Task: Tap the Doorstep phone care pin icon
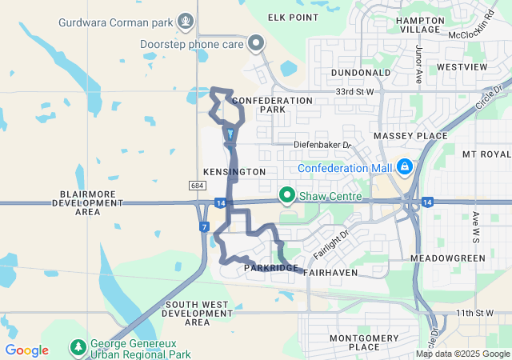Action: (256, 43)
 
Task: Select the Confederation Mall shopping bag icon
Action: (405, 166)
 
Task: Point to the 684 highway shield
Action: (198, 186)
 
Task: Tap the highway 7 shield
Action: (206, 227)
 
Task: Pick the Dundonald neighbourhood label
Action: (360, 72)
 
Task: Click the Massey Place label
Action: (410, 136)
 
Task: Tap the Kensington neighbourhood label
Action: (234, 172)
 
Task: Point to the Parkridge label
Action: (272, 268)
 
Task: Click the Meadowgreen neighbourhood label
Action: (447, 259)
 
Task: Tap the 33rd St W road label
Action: (355, 93)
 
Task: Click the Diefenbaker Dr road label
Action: (322, 145)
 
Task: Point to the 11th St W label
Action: (476, 312)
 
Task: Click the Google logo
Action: (26, 350)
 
